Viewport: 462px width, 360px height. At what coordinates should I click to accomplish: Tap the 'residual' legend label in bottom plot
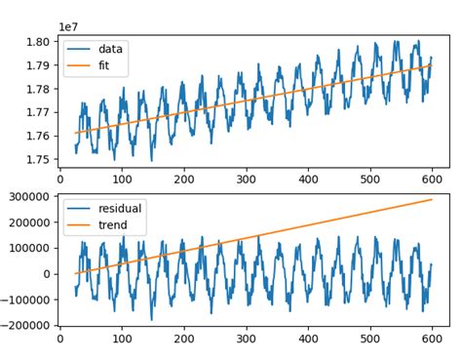(x=121, y=208)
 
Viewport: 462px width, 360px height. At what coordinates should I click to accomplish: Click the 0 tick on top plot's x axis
(x=60, y=179)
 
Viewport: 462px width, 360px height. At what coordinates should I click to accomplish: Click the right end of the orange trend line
(x=432, y=199)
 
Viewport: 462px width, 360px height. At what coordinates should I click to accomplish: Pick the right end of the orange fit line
(x=432, y=65)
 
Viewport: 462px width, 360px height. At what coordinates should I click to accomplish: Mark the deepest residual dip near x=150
(x=151, y=319)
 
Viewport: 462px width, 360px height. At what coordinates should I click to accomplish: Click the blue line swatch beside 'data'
(x=80, y=49)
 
